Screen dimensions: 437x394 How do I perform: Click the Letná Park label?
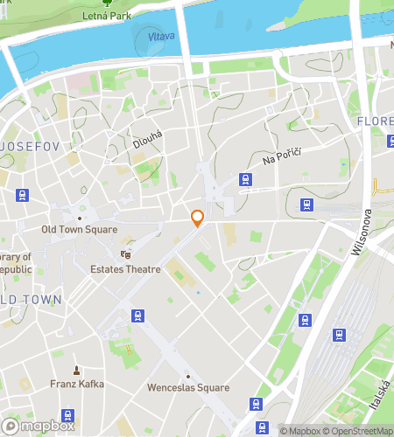click(x=108, y=15)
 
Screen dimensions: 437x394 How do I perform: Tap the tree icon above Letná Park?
click(x=108, y=3)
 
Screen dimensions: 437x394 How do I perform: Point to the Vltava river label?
click(x=162, y=36)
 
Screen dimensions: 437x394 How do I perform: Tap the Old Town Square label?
click(x=80, y=230)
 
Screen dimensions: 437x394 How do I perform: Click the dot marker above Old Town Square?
click(x=80, y=218)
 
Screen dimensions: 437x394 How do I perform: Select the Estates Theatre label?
click(x=125, y=269)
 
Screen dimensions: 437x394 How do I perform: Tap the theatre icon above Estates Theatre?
click(x=125, y=254)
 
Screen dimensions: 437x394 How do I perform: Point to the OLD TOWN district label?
click(x=31, y=300)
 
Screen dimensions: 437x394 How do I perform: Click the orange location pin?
click(x=198, y=218)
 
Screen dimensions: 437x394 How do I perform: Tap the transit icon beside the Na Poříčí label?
click(x=246, y=179)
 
